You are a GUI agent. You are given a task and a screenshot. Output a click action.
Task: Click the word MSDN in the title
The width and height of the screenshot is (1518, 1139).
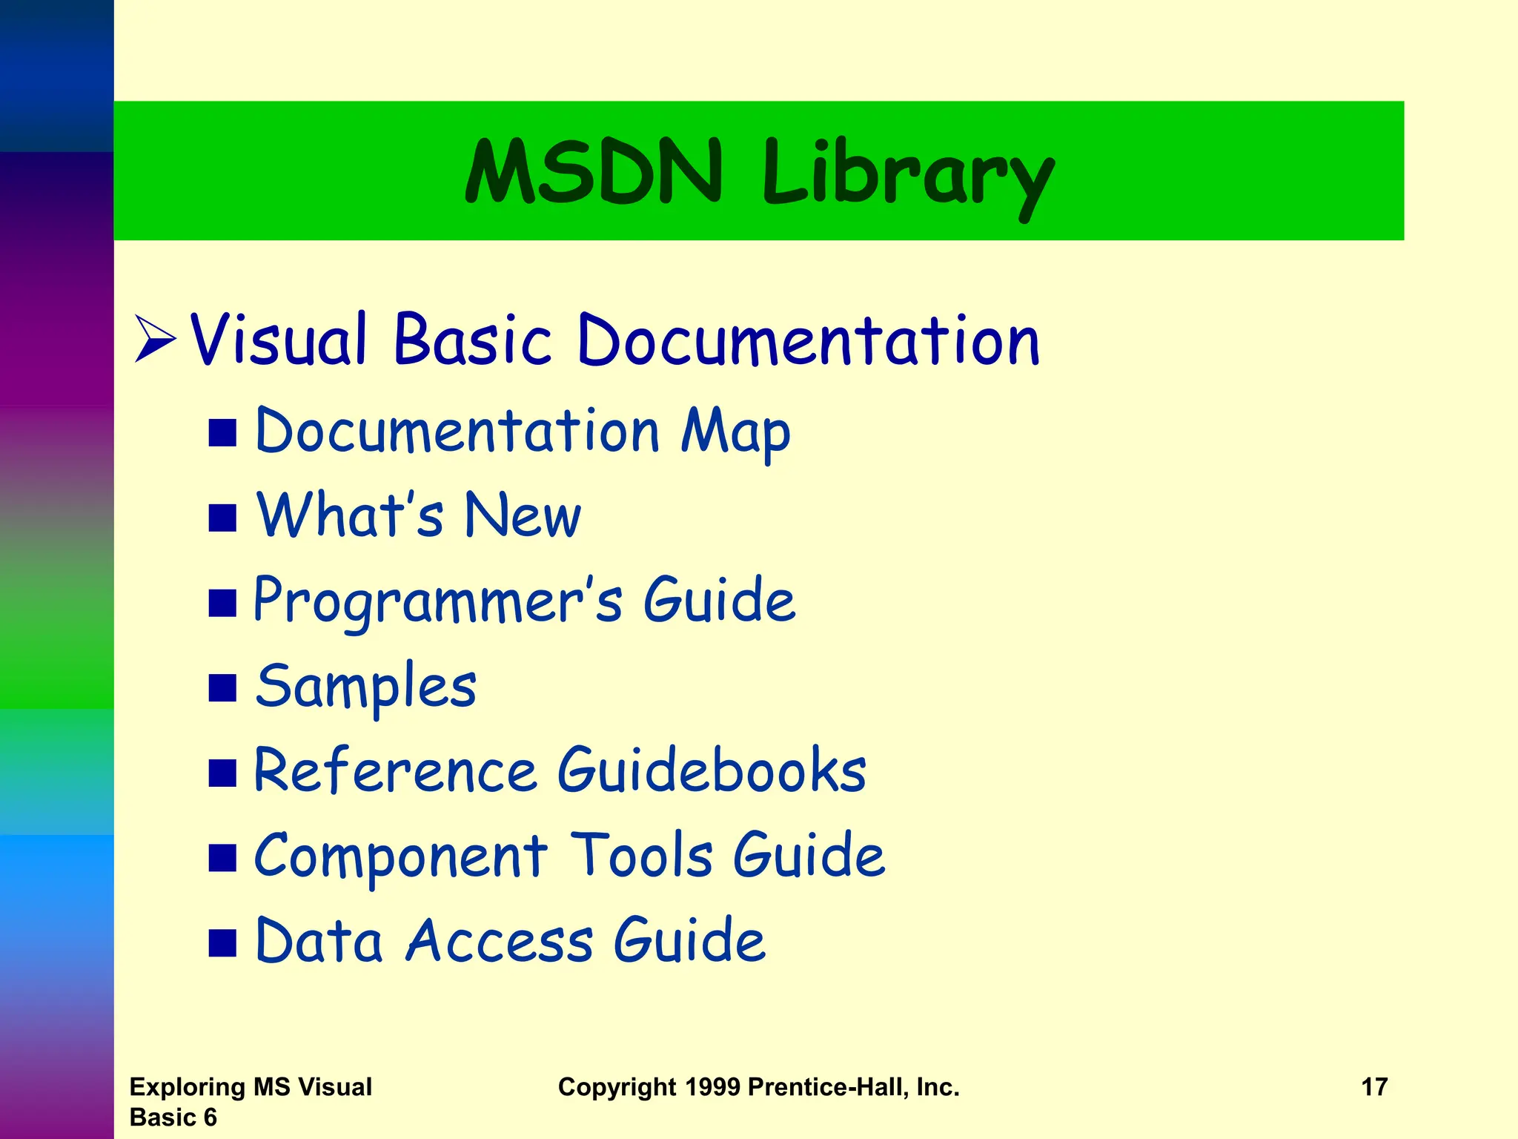pyautogui.click(x=594, y=171)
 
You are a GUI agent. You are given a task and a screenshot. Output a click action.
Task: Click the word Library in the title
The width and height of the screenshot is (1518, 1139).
pyautogui.click(x=908, y=176)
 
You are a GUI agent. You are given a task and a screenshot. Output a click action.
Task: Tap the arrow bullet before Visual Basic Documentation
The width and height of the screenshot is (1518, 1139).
pyautogui.click(x=155, y=340)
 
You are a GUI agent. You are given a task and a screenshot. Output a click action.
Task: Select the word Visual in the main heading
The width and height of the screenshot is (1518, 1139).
pyautogui.click(x=279, y=340)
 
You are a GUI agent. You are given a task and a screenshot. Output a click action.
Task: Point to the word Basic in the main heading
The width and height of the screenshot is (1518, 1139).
pyautogui.click(x=473, y=340)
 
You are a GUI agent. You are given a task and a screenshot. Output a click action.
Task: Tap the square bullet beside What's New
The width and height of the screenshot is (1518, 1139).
pyautogui.click(x=222, y=518)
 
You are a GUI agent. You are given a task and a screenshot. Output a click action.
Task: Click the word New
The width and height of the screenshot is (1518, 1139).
pyautogui.click(x=523, y=515)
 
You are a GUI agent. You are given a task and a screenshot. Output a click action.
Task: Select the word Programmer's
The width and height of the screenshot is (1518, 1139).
pyautogui.click(x=438, y=601)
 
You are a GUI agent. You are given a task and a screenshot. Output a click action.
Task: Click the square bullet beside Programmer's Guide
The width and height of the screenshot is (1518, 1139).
pyautogui.click(x=222, y=603)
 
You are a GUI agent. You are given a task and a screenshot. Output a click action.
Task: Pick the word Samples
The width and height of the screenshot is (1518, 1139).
pyautogui.click(x=366, y=687)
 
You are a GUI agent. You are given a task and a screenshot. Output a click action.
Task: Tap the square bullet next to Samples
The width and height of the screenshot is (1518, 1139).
pyautogui.click(x=222, y=687)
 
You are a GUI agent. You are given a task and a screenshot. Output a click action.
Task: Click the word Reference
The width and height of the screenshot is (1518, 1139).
pyautogui.click(x=395, y=771)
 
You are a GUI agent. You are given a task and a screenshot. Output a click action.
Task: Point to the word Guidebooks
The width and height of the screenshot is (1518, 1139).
pyautogui.click(x=712, y=771)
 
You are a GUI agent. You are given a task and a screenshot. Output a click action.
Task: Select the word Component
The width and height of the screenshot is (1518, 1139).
pyautogui.click(x=400, y=856)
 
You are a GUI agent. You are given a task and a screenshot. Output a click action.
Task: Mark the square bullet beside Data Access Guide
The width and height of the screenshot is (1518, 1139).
pyautogui.click(x=222, y=942)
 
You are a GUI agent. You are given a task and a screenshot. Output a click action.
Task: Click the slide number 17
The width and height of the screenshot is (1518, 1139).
pyautogui.click(x=1374, y=1087)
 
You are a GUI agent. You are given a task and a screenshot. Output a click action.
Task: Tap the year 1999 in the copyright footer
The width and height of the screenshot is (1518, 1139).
pyautogui.click(x=712, y=1087)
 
